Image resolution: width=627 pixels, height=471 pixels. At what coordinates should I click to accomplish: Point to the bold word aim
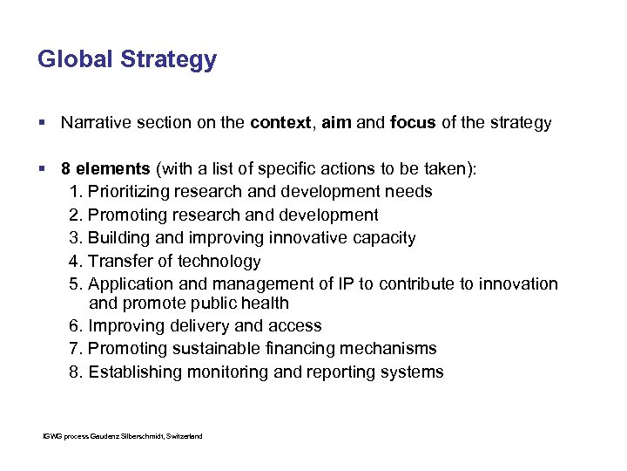pyautogui.click(x=337, y=123)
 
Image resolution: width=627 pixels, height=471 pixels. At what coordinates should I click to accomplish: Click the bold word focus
pyautogui.click(x=414, y=123)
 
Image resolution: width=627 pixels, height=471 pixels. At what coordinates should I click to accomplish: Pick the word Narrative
pyautogui.click(x=95, y=123)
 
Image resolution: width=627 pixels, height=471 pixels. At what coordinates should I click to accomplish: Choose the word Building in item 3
pyautogui.click(x=119, y=238)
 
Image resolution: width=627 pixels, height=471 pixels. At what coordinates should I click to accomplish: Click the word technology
pyautogui.click(x=219, y=262)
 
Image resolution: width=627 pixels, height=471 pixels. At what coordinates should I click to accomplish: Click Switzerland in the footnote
pyautogui.click(x=185, y=435)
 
